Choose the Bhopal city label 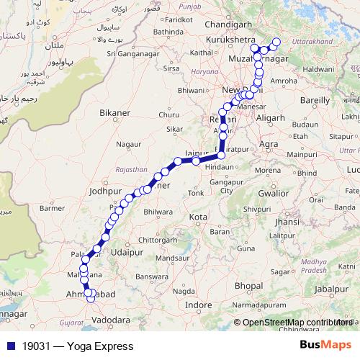[x=248, y=286]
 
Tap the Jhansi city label [x=287, y=222]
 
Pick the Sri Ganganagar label [x=132, y=53]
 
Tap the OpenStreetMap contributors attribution [x=297, y=323]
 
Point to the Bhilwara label [x=159, y=212]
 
